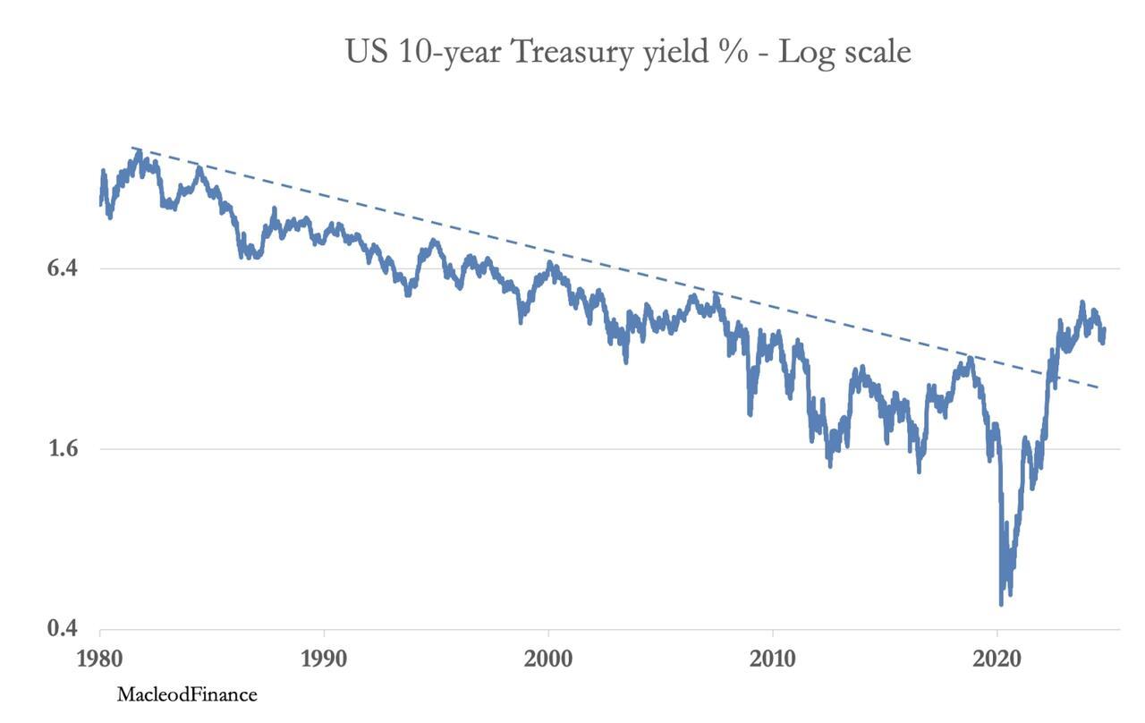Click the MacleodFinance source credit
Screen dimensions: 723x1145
pyautogui.click(x=186, y=694)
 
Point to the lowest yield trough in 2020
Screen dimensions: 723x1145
pyautogui.click(x=1001, y=604)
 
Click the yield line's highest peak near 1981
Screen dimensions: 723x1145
pyautogui.click(x=138, y=152)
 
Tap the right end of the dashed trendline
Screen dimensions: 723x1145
pyautogui.click(x=1098, y=387)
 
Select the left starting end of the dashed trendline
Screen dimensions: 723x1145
pyautogui.click(x=132, y=148)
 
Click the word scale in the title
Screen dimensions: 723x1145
pyautogui.click(x=875, y=52)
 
